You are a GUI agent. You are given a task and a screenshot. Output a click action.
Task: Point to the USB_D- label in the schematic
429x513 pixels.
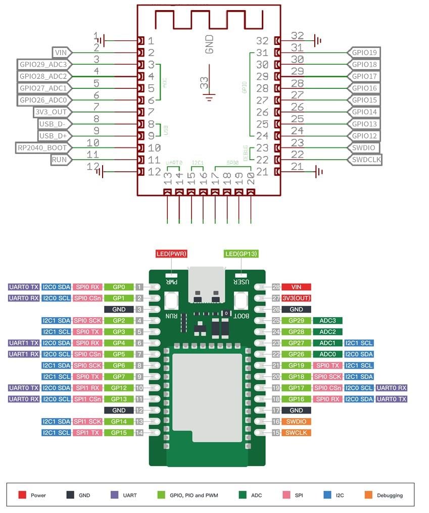[x=55, y=124]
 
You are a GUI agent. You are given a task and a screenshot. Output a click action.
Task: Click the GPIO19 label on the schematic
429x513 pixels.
[x=364, y=53]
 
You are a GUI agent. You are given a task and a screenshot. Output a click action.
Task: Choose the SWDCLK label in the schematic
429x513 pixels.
[x=364, y=160]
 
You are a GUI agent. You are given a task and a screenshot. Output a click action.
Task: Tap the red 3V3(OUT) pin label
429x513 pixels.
[x=296, y=297]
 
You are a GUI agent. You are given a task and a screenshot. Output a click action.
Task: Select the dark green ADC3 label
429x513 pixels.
[x=327, y=320]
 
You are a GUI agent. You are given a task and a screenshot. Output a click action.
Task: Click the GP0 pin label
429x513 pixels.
[x=119, y=287]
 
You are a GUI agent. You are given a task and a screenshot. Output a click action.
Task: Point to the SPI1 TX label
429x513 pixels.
[x=87, y=433]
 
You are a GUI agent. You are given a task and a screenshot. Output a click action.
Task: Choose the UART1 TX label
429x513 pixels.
[x=23, y=343]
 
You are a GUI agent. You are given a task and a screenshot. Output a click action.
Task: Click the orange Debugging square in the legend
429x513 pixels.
[x=367, y=495]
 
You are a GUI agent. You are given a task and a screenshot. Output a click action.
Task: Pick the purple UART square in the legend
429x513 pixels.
[x=114, y=495]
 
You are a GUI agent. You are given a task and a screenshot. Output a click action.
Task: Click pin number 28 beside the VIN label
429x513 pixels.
[x=276, y=287]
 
